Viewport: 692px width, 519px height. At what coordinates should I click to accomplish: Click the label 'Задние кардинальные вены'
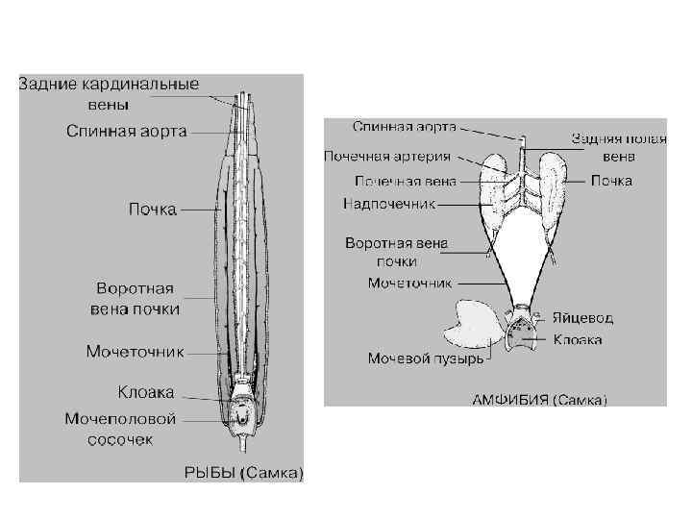109,92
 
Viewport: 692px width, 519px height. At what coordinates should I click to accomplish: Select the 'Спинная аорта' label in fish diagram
127,130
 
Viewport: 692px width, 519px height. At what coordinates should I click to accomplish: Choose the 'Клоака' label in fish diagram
146,392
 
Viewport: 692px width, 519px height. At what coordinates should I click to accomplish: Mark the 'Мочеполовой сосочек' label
121,429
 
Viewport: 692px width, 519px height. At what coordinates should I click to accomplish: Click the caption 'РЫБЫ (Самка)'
244,471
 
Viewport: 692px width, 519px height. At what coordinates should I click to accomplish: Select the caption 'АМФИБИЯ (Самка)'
538,400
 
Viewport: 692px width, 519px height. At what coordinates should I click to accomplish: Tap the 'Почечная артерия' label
386,155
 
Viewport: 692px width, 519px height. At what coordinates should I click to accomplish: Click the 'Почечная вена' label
405,180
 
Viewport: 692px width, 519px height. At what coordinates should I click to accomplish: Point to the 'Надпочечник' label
389,204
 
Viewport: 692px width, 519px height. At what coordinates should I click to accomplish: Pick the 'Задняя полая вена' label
603,146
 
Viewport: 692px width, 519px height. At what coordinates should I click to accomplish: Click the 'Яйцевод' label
582,318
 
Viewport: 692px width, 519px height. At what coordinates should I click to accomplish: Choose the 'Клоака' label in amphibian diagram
577,339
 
